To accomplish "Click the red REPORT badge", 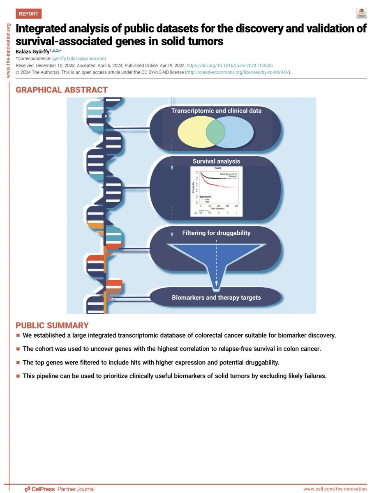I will pyautogui.click(x=28, y=14).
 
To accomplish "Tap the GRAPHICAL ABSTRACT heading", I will pyautogui.click(x=62, y=90).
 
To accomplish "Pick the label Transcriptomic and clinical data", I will pyautogui.click(x=216, y=111).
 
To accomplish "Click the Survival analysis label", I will pyautogui.click(x=216, y=161).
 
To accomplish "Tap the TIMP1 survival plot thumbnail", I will pyautogui.click(x=216, y=191).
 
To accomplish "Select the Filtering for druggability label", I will pyautogui.click(x=216, y=233).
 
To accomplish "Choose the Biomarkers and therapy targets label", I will pyautogui.click(x=216, y=297).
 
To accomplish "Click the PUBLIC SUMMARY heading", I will pyautogui.click(x=52, y=325).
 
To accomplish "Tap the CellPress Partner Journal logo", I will pyautogui.click(x=60, y=489).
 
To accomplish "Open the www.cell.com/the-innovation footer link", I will pyautogui.click(x=335, y=489).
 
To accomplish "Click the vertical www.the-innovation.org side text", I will pyautogui.click(x=8, y=50).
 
